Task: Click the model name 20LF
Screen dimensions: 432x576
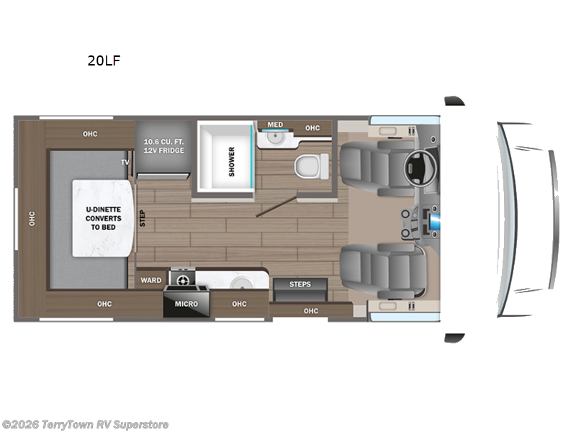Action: coord(104,61)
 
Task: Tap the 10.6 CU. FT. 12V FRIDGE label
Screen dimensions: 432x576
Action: coord(163,145)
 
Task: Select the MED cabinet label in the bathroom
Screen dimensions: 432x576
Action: coord(275,125)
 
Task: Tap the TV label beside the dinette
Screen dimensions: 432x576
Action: coord(125,162)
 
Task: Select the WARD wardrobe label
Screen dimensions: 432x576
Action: coord(150,280)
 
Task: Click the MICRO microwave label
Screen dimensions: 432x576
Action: coord(186,304)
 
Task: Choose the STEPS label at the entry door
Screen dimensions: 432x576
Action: coord(300,284)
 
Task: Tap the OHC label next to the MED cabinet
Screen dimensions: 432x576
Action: coord(312,128)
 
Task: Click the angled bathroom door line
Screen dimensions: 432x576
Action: coord(277,204)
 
